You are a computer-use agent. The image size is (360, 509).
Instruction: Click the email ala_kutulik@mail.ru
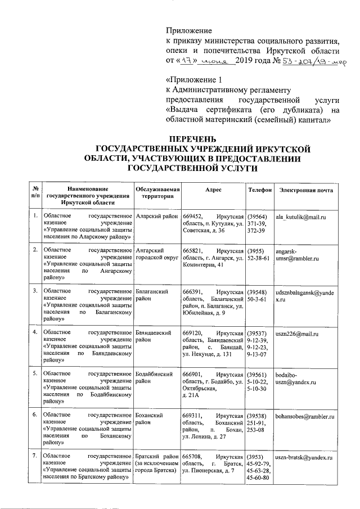point(301,216)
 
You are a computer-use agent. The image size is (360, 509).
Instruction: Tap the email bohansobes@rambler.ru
point(305,417)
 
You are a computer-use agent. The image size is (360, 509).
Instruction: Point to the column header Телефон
point(260,190)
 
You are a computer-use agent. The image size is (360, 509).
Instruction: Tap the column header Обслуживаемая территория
point(157,194)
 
